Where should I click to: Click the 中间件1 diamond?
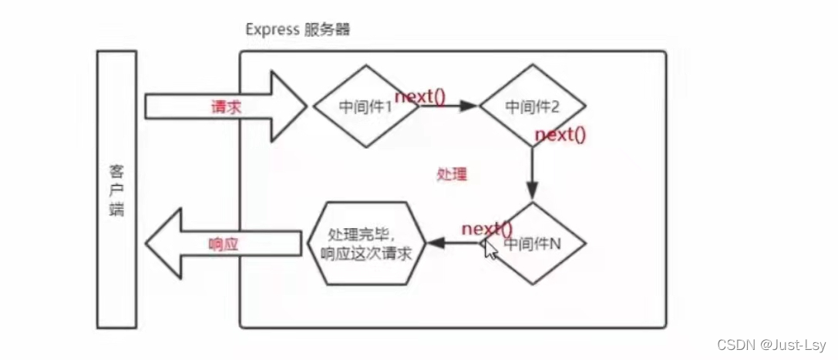(365, 106)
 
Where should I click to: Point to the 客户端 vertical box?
(117, 189)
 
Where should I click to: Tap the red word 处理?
(452, 173)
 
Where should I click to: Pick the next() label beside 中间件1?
(421, 96)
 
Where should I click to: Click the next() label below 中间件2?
(560, 135)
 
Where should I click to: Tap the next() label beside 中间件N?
(487, 228)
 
